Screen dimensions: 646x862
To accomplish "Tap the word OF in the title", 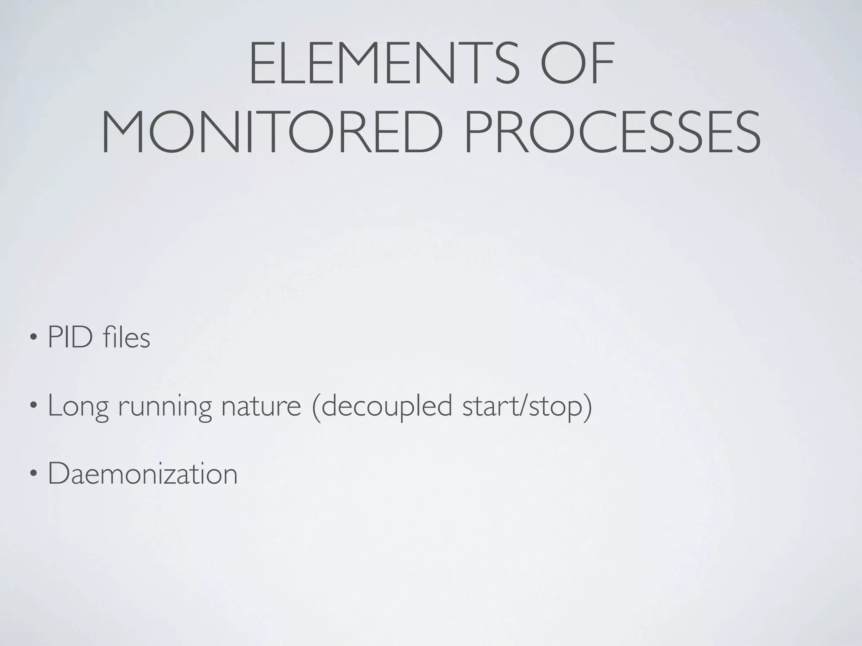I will pos(577,64).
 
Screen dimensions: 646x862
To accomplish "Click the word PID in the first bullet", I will pos(70,337).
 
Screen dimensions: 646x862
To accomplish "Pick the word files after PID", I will pos(126,337).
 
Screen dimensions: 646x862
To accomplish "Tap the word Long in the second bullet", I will pos(78,406).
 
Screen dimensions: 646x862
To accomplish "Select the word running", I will pos(165,406).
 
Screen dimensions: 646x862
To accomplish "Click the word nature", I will pos(261,406).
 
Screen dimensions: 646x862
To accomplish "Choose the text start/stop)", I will pos(527,406).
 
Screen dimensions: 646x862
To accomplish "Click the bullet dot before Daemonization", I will pos(33,474).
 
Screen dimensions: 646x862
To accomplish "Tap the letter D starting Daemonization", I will pos(59,474).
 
